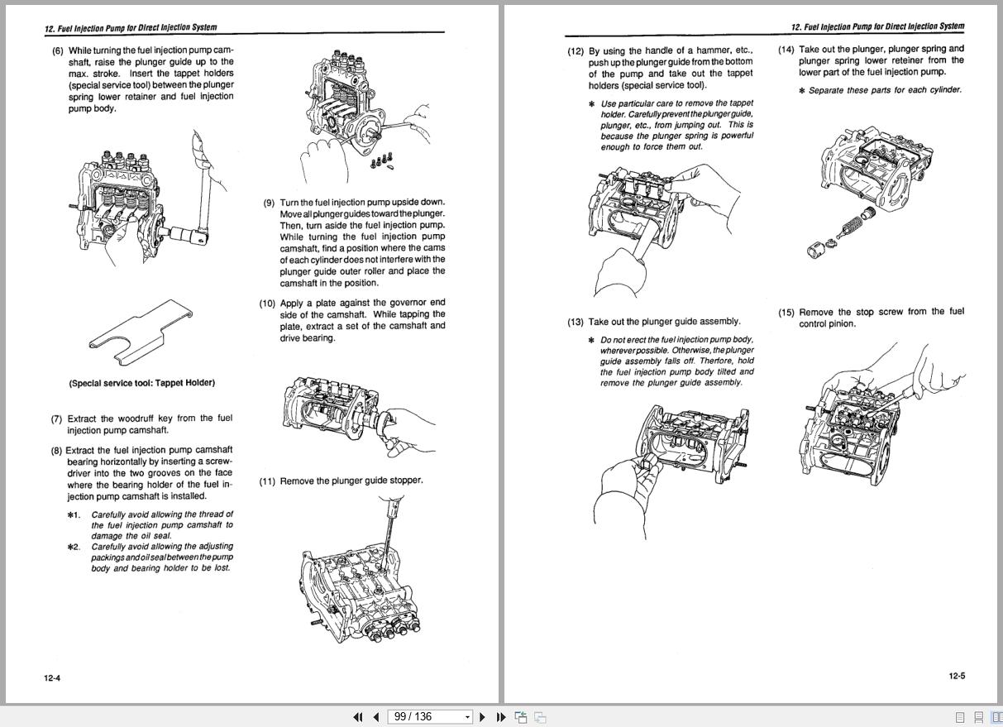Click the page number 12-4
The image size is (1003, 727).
52,678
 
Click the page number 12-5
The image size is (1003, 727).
957,676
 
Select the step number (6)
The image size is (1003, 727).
58,50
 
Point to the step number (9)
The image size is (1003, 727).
270,203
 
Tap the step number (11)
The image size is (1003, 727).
267,481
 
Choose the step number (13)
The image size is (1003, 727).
575,322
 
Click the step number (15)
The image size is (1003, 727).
786,313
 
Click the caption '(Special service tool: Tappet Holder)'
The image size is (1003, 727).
141,383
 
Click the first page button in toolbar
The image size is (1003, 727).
358,717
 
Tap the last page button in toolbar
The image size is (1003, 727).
501,717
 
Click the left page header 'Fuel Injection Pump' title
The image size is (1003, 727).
131,27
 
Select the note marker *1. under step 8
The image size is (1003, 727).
74,514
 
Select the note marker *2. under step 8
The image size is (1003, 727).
74,547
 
